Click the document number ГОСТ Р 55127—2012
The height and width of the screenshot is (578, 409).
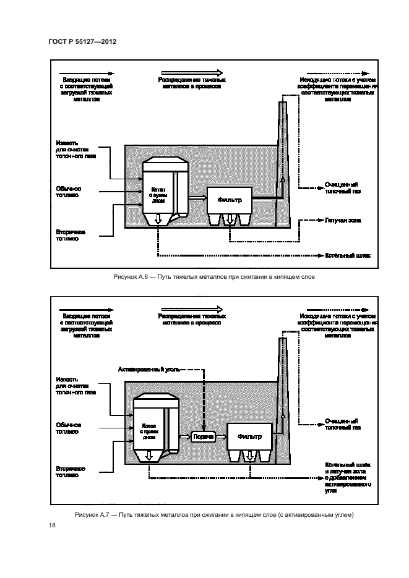click(x=83, y=41)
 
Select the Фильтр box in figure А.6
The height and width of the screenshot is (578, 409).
click(x=229, y=199)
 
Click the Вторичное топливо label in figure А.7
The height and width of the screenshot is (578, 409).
click(x=68, y=472)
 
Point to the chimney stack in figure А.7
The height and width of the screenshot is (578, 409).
click(x=282, y=383)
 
